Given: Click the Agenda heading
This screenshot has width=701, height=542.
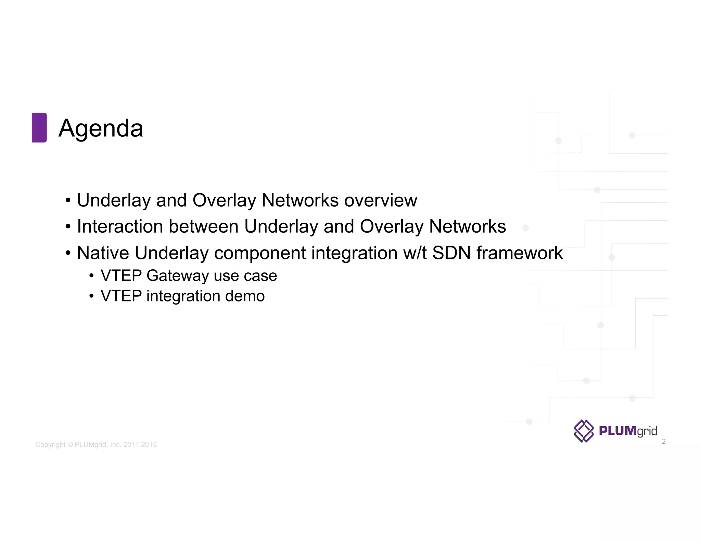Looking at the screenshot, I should click(x=101, y=128).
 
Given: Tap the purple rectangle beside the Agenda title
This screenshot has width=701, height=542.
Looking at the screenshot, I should click(x=39, y=127).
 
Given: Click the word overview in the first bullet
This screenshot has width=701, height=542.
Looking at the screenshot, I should click(x=381, y=200).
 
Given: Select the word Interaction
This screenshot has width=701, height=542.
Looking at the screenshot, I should click(x=120, y=226).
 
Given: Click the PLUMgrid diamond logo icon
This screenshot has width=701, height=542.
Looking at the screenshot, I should click(x=584, y=431).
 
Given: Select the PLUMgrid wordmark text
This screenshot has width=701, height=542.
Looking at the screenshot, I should click(x=628, y=431).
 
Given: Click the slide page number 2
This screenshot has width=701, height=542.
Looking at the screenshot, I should click(x=664, y=442).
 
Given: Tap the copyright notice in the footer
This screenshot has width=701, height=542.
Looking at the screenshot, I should click(x=96, y=445).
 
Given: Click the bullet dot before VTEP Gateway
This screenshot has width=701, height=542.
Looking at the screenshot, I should click(x=91, y=276).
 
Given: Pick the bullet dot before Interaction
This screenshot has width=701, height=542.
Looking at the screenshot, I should click(x=68, y=227).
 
